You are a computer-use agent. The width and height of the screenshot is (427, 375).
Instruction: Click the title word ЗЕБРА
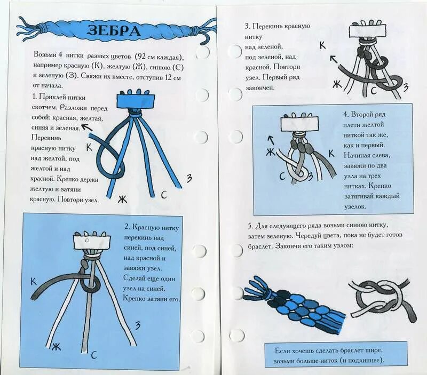click(x=114, y=30)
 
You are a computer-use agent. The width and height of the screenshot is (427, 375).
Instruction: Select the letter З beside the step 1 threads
click(x=188, y=178)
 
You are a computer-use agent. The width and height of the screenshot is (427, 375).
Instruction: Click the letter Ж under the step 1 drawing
click(x=122, y=199)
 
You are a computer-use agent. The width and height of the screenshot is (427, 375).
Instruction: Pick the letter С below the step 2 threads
click(x=93, y=354)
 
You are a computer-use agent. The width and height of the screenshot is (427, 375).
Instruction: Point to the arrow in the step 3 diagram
click(x=335, y=59)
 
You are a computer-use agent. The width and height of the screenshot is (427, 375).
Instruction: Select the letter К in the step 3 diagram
click(x=322, y=45)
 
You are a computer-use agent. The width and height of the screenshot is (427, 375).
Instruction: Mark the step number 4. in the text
click(x=346, y=114)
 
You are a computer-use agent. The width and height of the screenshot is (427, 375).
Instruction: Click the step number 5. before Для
click(x=251, y=225)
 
